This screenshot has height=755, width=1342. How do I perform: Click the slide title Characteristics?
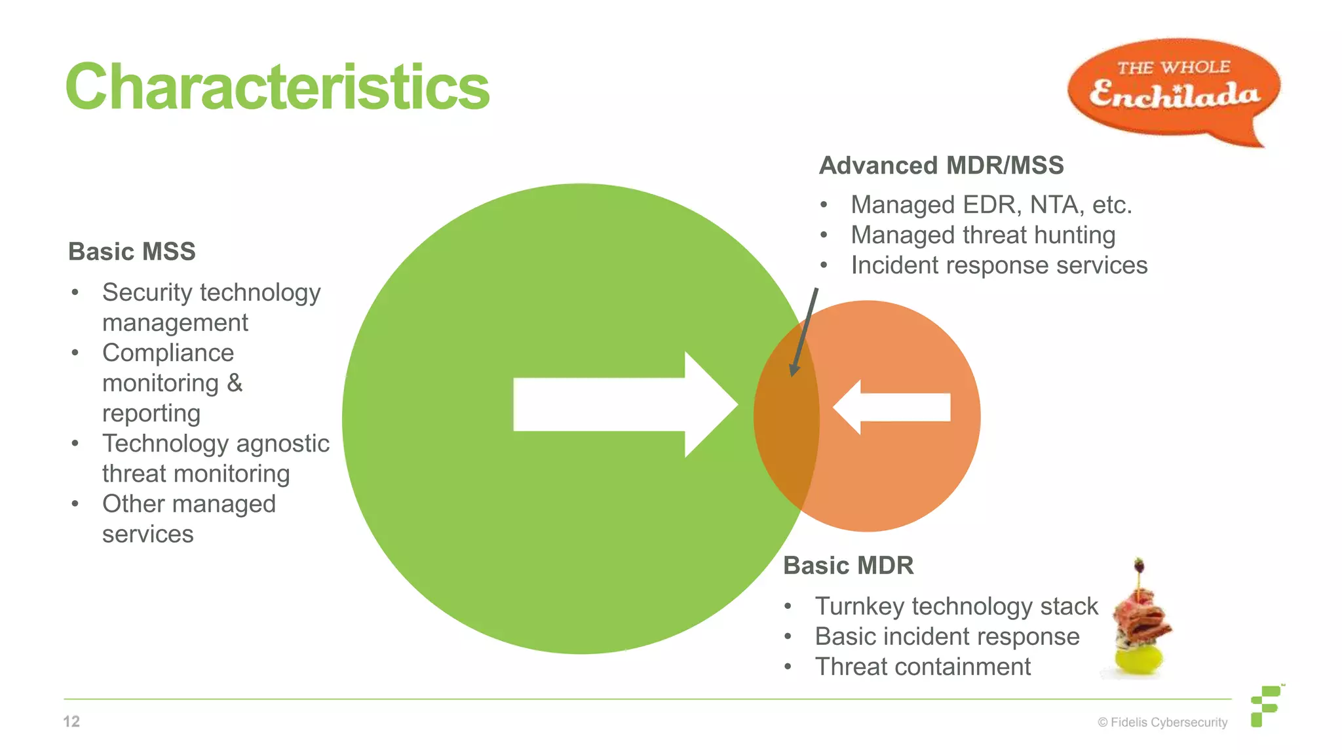coord(277,87)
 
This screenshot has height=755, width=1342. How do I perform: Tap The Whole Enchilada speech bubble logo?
coord(1173,88)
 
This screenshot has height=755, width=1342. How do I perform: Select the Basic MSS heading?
coord(132,252)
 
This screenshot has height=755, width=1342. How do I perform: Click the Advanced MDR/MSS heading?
coord(941,165)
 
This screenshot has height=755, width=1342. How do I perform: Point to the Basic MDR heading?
coord(848,566)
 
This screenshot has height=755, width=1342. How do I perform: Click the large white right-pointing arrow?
coord(623,404)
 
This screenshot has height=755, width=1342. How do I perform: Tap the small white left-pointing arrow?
coord(892,407)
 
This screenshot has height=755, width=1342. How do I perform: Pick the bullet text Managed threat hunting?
coord(982,235)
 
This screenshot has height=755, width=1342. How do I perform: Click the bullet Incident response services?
coord(999,265)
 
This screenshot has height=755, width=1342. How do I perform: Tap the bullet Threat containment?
coord(922,667)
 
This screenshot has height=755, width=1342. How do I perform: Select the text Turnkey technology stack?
coord(956,606)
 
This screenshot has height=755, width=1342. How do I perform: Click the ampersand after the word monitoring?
coord(235,383)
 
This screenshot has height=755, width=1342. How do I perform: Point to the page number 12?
coord(71,722)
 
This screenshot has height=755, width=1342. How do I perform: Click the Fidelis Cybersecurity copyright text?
coord(1162,722)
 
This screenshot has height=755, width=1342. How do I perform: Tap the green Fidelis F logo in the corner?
coord(1266,706)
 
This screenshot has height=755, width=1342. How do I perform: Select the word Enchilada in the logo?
coord(1174,96)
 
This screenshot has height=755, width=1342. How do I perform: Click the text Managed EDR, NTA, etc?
coord(991,205)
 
